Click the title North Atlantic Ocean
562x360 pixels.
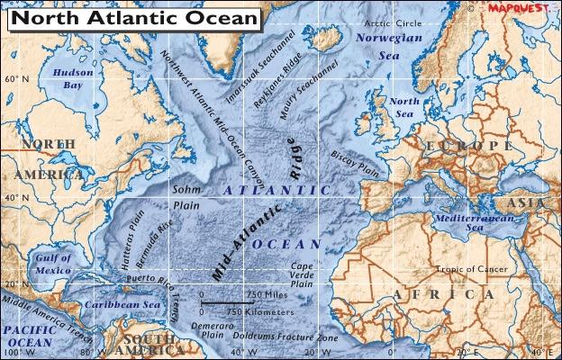point(133,18)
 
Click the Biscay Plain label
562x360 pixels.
point(353,160)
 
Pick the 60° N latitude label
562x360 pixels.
point(18,80)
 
